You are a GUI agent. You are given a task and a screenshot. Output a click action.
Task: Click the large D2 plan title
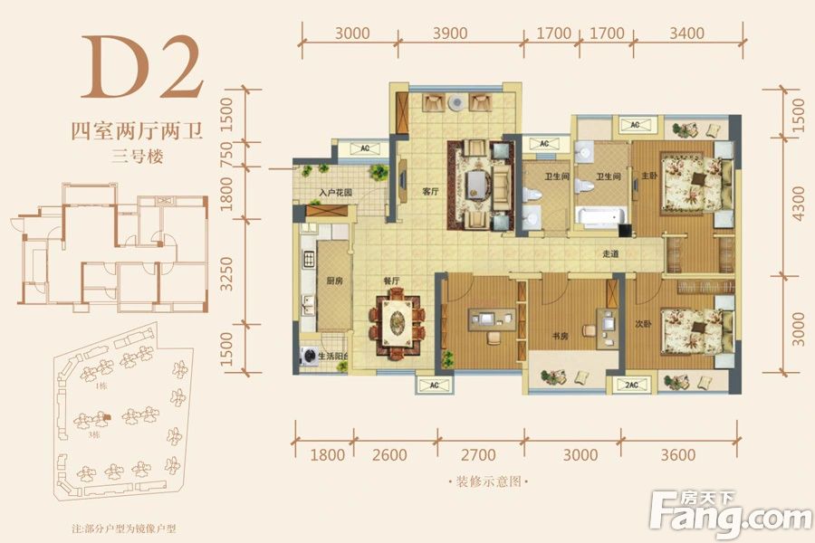(143, 69)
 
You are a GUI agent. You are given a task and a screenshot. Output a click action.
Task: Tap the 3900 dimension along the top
(450, 33)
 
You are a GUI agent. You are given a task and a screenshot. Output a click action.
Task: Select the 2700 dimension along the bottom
(479, 455)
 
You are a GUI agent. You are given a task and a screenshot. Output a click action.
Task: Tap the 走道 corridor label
(609, 254)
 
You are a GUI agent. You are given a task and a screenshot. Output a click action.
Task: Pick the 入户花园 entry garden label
(336, 193)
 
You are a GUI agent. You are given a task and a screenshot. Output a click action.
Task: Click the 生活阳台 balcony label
(336, 357)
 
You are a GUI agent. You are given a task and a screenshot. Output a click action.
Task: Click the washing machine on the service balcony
(306, 356)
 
